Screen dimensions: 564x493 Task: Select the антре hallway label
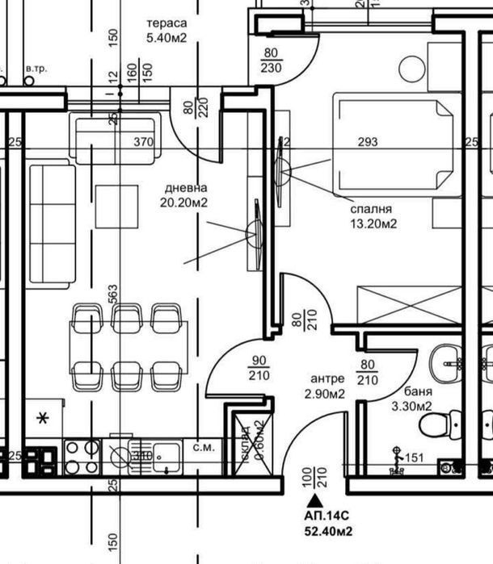click(327, 378)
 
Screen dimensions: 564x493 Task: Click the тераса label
click(166, 23)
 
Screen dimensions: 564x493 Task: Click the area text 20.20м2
click(183, 203)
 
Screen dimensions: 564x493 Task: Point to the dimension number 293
click(368, 143)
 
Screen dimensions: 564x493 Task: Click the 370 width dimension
click(143, 143)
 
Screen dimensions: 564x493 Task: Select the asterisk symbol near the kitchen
click(41, 418)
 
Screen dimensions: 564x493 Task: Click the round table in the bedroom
click(411, 69)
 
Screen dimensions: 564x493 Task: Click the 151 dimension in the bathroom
click(413, 458)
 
